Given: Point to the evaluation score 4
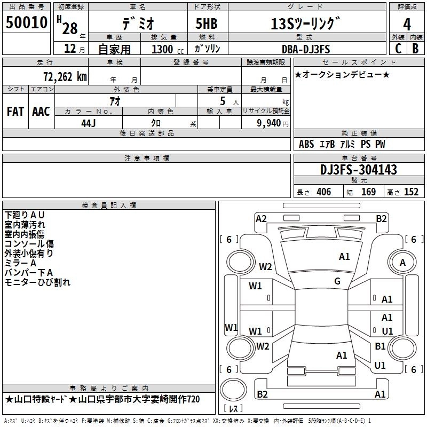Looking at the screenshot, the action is tap(407, 25).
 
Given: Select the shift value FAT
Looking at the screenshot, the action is tap(15, 111).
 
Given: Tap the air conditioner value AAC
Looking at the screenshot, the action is tap(41, 111).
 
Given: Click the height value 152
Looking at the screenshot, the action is tap(411, 192).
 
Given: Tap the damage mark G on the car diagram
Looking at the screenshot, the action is tap(337, 281).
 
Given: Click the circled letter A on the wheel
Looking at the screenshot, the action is tap(402, 262).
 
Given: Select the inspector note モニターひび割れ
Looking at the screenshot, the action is tap(37, 282).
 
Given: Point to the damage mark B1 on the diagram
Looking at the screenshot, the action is tap(380, 346).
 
